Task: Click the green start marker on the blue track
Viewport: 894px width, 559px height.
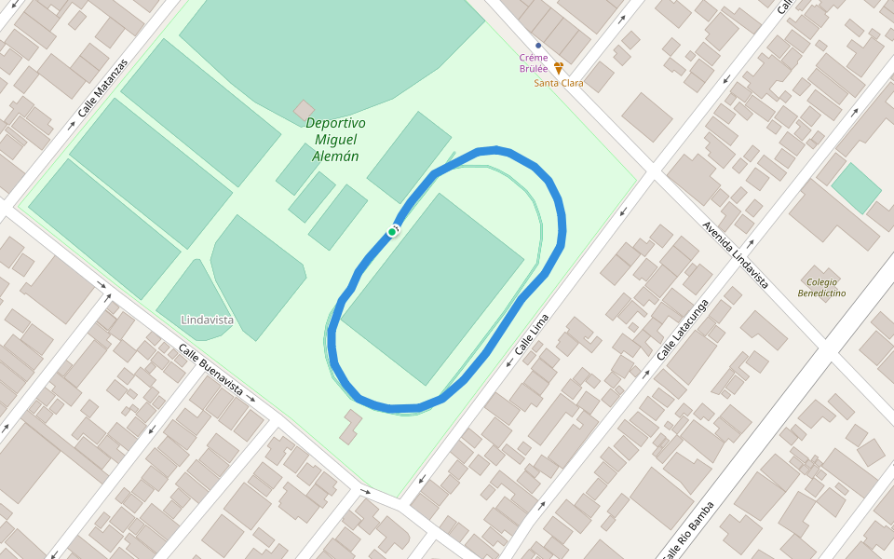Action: [x=392, y=231]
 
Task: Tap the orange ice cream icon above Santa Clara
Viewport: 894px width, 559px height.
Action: [x=559, y=69]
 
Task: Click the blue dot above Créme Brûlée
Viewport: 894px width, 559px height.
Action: [x=538, y=46]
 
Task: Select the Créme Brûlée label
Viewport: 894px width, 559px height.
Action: [x=534, y=62]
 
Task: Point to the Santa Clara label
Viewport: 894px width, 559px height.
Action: [x=559, y=83]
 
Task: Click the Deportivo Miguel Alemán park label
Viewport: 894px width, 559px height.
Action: [x=335, y=140]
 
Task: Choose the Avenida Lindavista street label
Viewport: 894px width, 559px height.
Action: [x=736, y=253]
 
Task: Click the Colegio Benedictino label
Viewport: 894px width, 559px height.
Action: [x=821, y=287]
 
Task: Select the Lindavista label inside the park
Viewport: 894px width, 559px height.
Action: [x=207, y=320]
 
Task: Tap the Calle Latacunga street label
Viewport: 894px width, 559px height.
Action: [x=683, y=330]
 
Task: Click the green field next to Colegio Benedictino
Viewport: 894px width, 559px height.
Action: [x=856, y=187]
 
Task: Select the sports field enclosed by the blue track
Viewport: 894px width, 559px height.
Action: [x=433, y=289]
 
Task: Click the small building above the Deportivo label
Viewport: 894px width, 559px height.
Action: [x=305, y=110]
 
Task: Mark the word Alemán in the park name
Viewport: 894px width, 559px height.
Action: [x=335, y=157]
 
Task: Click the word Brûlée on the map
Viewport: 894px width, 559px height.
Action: [x=534, y=68]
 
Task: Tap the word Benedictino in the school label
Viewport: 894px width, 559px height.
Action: [x=821, y=293]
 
